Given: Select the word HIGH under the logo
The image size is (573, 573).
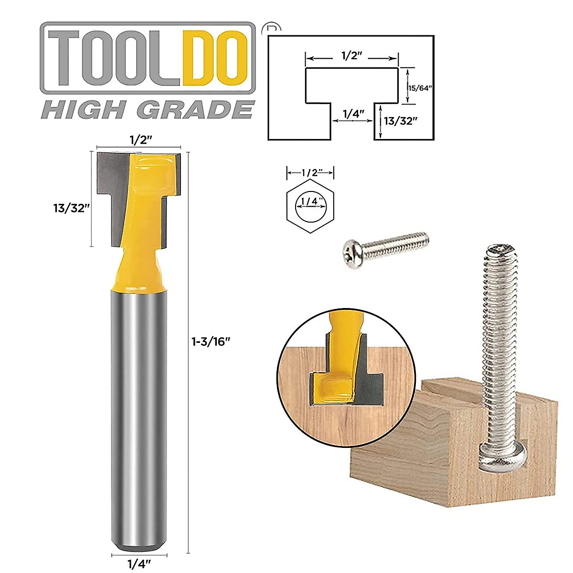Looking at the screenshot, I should (81, 110).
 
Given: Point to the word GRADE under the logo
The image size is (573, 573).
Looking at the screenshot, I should (195, 110).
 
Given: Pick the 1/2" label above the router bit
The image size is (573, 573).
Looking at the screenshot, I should (140, 140).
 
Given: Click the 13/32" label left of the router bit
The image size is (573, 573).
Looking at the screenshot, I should (72, 208).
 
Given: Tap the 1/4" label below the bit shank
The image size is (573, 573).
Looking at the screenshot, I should (139, 564).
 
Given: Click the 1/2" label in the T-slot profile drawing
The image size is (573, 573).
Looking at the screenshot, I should (352, 56).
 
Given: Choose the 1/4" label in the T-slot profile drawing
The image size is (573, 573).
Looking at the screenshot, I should (353, 114).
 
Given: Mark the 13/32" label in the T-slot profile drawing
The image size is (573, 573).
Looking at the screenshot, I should (401, 121).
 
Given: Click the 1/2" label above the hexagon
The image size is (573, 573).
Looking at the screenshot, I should (310, 172).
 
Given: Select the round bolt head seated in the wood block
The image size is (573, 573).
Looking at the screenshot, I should (502, 458).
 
